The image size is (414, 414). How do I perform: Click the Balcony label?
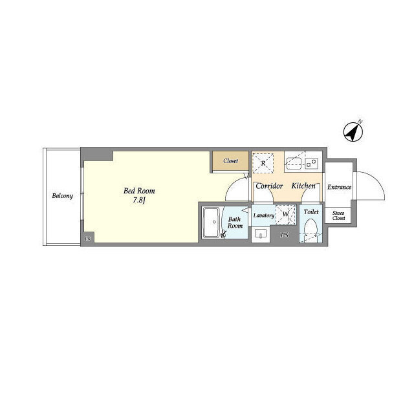(62, 196)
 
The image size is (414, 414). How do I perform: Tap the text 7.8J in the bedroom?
(139, 201)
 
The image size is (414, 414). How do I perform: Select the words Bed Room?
(139, 191)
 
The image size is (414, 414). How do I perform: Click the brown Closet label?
(230, 161)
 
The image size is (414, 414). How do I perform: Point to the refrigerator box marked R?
(263, 163)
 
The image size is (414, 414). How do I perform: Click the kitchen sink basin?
(294, 164)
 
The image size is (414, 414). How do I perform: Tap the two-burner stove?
(311, 164)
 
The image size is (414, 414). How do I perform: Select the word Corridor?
(269, 186)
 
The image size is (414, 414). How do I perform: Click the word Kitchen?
(303, 186)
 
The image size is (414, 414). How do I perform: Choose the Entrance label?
(339, 187)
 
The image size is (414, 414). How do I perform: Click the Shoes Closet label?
(338, 215)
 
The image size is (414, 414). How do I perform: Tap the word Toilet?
(311, 212)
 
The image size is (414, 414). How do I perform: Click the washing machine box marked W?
(286, 214)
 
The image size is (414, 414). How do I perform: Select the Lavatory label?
(263, 215)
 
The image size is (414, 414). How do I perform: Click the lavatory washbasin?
(261, 234)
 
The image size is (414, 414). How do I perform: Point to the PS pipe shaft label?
(285, 235)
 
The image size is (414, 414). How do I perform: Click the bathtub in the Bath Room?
(212, 223)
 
